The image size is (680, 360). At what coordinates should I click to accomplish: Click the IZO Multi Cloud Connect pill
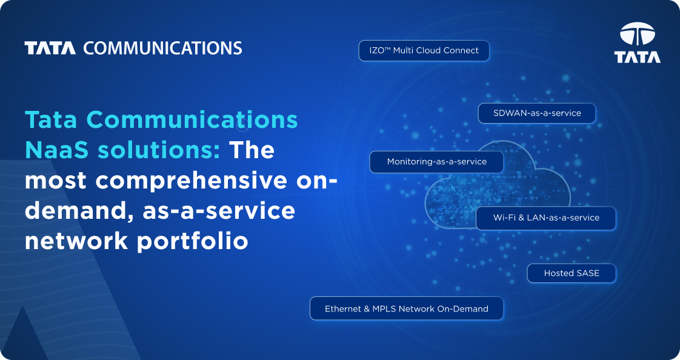[424, 51]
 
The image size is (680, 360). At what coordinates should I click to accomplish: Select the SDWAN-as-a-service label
[536, 113]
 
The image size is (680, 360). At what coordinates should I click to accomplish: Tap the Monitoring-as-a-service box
[436, 162]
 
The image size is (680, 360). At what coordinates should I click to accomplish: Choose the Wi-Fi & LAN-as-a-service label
[545, 218]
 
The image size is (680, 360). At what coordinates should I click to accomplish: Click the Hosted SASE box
[571, 273]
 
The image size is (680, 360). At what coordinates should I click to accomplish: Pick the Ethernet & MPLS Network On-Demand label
[406, 308]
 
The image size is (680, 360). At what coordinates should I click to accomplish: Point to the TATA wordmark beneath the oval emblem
[637, 57]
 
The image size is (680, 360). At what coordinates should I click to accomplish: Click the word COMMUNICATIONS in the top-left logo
[162, 48]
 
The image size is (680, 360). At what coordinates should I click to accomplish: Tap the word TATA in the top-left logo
[50, 48]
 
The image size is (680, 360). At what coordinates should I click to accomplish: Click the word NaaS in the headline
[57, 150]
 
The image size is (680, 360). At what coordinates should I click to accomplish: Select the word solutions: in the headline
[159, 150]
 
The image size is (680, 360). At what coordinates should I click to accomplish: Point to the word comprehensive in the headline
[192, 181]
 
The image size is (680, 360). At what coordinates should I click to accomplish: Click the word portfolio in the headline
[193, 242]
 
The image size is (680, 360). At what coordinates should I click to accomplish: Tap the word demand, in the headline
[79, 212]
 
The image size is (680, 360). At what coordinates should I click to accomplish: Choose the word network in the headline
[76, 241]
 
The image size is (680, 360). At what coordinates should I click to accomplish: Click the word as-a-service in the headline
[219, 211]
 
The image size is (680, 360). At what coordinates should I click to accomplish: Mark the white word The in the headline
[252, 150]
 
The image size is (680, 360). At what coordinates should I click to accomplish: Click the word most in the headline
[56, 181]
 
